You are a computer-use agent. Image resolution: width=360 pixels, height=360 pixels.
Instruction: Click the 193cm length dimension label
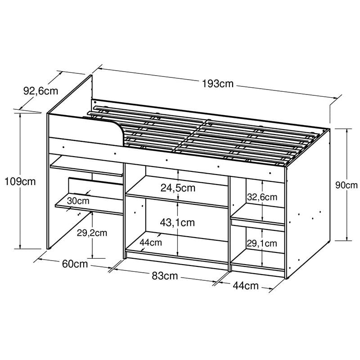218,84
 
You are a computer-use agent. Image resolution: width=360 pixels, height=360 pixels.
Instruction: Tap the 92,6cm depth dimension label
40,91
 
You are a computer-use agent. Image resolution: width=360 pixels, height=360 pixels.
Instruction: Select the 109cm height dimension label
20,182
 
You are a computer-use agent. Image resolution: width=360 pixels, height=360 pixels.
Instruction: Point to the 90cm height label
346,185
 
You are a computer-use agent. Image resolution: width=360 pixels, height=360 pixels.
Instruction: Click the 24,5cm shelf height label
178,188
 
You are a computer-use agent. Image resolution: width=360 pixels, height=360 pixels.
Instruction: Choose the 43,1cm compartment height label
177,222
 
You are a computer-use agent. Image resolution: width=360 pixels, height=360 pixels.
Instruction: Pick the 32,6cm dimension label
262,197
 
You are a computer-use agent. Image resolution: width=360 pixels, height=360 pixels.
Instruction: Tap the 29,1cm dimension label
262,243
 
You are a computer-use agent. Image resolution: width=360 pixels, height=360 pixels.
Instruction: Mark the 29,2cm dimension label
92,233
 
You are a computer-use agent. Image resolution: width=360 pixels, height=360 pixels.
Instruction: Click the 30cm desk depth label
78,201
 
